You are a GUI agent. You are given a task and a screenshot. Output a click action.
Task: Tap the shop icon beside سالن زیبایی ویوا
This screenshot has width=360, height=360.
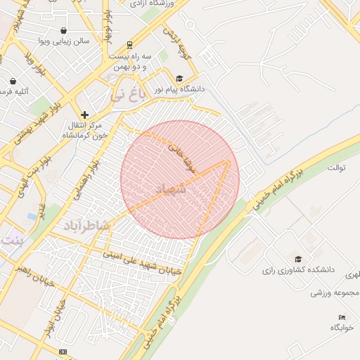(64, 30)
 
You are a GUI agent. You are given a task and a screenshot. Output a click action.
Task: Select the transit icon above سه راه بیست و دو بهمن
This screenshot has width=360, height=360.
(129, 44)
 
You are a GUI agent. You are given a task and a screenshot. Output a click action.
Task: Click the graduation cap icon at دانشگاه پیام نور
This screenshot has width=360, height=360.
(179, 79)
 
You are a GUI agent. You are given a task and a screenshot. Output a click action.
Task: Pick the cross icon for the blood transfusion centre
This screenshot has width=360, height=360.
(84, 114)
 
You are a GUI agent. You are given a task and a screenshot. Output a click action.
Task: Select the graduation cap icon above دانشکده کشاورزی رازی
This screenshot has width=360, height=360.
(297, 259)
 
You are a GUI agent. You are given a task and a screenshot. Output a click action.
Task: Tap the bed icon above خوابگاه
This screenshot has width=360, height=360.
(342, 317)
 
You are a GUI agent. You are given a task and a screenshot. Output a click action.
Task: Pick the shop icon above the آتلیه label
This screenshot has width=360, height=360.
(14, 80)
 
